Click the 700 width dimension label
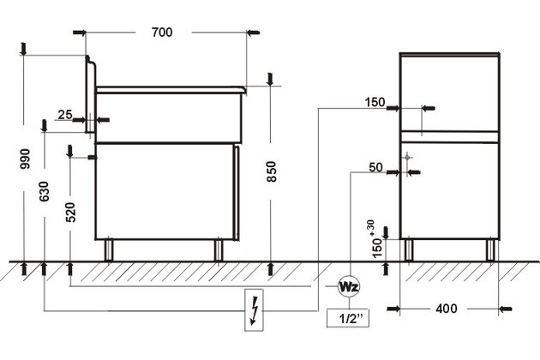[162, 33]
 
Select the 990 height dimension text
[25, 159]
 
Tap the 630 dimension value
[45, 191]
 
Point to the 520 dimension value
[70, 213]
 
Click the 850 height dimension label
[272, 171]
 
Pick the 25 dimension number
[65, 115]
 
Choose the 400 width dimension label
[447, 309]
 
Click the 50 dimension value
[375, 167]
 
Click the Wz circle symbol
[350, 286]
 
